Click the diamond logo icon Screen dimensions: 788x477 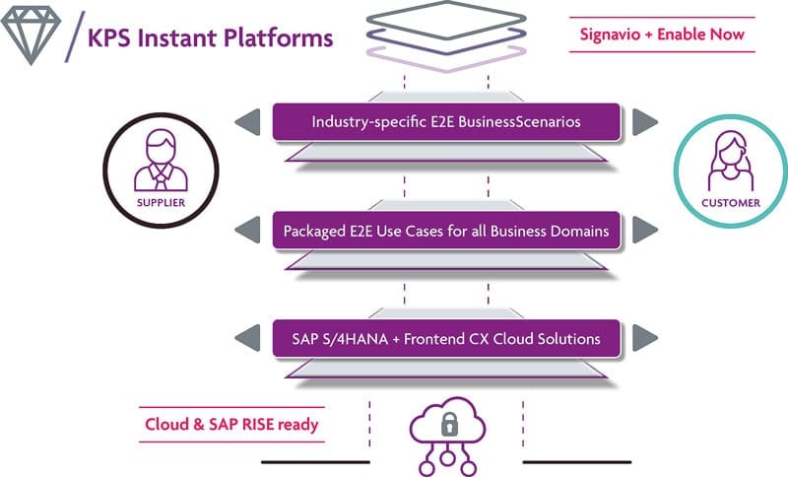coord(31,35)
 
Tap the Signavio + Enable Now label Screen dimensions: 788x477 coord(662,34)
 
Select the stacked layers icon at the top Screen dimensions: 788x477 coord(446,36)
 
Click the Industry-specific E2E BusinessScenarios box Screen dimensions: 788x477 coord(446,121)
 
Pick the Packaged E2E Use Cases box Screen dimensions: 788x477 coord(446,231)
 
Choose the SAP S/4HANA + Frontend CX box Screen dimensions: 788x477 coord(446,339)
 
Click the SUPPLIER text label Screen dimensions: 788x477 coord(161,203)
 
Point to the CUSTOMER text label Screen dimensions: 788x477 coord(731,203)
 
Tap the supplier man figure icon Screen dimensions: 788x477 coord(161,161)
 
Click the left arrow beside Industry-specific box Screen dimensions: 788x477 coord(248,122)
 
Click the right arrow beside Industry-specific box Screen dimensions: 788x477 coord(645,122)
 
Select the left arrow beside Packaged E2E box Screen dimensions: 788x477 coord(248,230)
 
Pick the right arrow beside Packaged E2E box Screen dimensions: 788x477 coord(645,230)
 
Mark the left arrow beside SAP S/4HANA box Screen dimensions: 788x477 coord(248,338)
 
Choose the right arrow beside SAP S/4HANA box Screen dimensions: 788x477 coord(645,338)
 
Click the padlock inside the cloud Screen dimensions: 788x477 coord(449,424)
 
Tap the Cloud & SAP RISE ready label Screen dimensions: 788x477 coord(231,424)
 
